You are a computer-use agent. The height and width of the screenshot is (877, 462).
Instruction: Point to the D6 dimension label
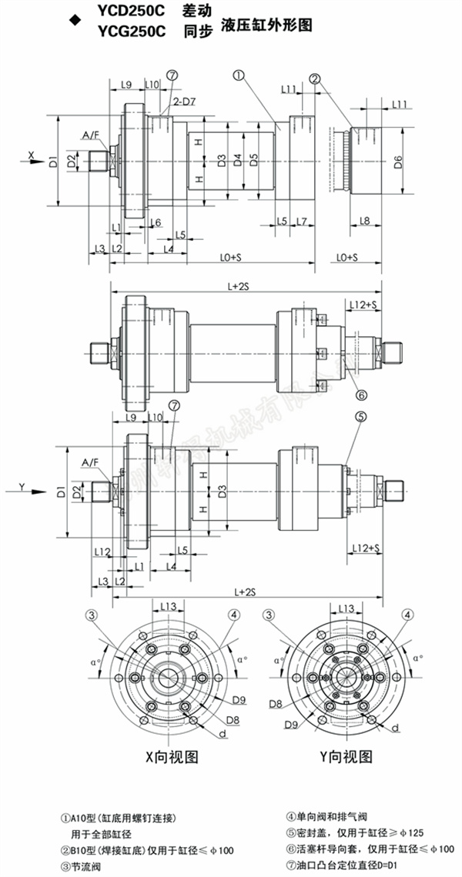397,162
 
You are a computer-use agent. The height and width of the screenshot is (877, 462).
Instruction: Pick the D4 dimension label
238,161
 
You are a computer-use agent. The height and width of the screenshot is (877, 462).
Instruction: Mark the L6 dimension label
155,222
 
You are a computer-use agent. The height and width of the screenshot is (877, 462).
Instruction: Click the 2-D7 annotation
183,102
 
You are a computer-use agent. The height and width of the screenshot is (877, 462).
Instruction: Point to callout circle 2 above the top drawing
316,78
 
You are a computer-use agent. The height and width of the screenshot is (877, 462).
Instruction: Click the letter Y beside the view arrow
22,485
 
